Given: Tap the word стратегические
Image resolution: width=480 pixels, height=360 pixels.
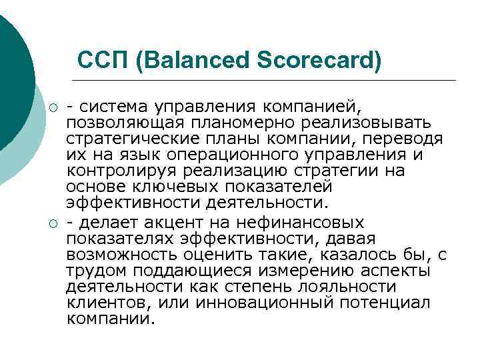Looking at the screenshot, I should pyautogui.click(x=131, y=139).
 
